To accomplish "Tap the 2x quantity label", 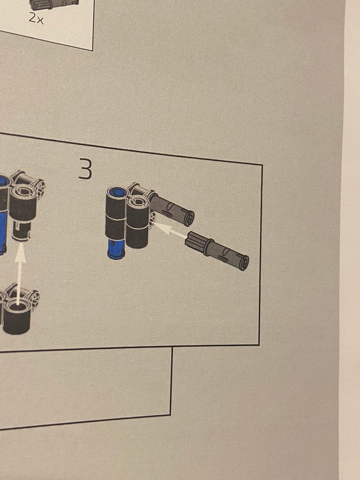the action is [x=36, y=19].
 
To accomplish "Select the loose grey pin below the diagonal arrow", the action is [x=217, y=250].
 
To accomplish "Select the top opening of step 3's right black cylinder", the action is [x=138, y=202].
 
